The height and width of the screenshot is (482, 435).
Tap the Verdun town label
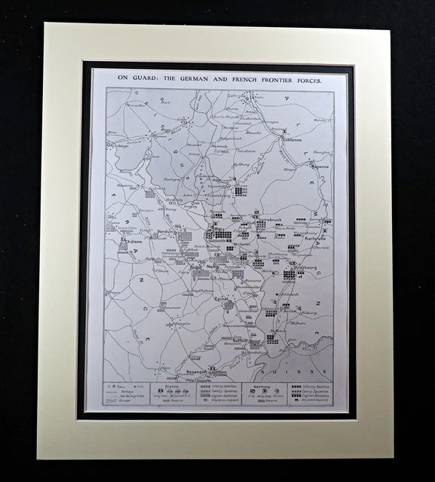coord(166,231)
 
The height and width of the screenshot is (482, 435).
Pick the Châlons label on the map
coord(133,243)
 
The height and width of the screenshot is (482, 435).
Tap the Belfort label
coord(240,340)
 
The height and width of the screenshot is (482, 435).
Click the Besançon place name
coord(192,371)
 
